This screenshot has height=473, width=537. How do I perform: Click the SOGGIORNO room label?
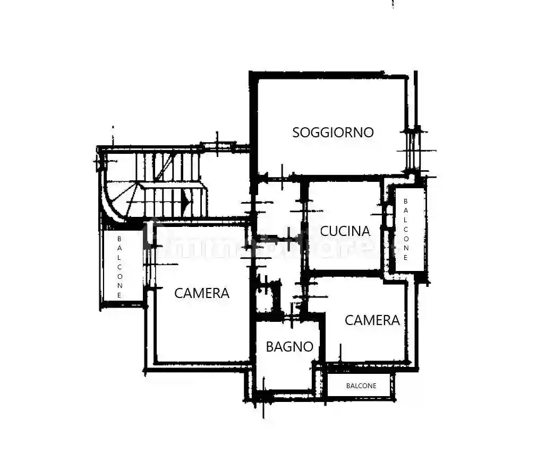pos(333,132)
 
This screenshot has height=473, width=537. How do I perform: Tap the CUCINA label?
pos(345,231)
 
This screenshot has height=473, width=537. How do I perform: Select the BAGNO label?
pos(289,347)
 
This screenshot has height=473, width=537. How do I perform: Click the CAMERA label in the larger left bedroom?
pos(202,293)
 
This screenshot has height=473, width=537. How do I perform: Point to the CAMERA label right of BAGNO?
pos(372,320)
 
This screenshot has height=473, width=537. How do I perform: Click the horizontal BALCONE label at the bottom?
pos(361,386)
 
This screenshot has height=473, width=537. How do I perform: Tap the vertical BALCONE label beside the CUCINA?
pos(406,229)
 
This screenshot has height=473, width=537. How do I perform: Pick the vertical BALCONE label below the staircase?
pos(120,266)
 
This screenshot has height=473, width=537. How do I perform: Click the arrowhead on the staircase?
pos(185,200)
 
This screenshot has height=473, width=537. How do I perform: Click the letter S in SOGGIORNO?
pos(296,133)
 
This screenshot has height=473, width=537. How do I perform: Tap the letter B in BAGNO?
pos(270,347)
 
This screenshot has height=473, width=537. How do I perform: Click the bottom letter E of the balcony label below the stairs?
pos(120,295)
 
